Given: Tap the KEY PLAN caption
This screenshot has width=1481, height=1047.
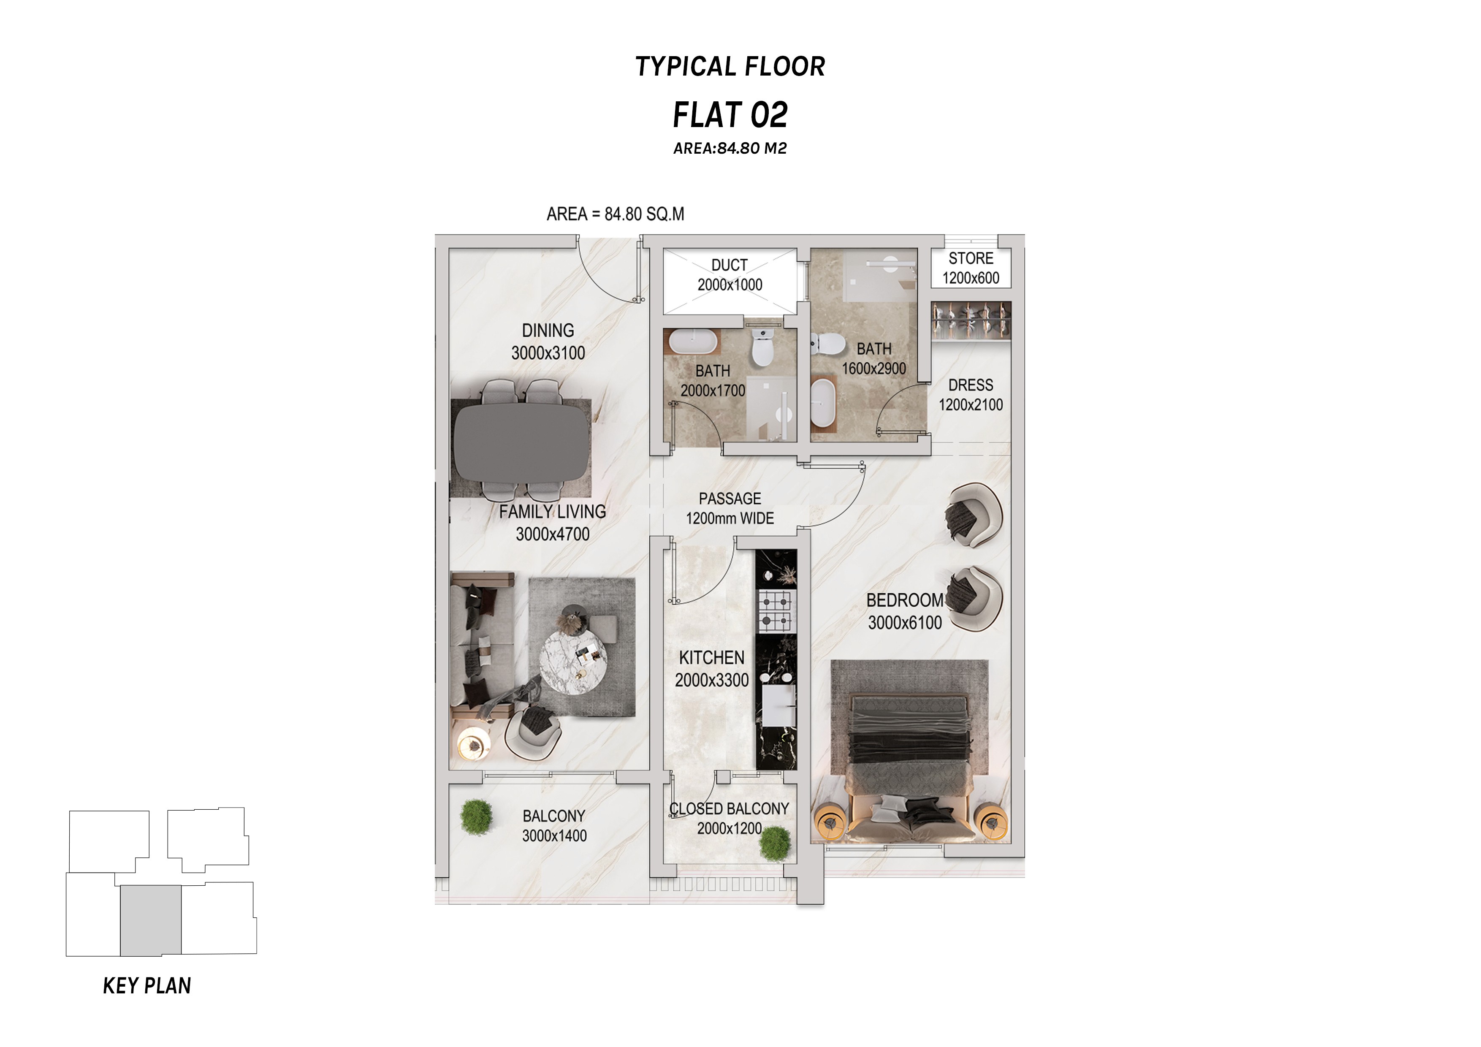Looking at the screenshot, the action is [147, 986].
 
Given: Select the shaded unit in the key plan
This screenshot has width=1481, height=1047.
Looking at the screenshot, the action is [150, 920].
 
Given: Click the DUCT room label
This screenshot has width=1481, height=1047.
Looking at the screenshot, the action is [730, 265].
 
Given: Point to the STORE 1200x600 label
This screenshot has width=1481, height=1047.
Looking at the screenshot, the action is [971, 268].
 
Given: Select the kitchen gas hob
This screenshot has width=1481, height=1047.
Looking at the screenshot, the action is [776, 610].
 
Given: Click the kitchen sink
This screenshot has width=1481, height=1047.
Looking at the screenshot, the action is [779, 705].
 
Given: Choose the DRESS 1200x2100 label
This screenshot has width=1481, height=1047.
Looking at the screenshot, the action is [971, 395].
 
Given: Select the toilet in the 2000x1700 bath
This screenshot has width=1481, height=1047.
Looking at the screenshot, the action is [763, 346].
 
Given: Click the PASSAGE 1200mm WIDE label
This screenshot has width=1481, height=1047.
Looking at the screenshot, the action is [730, 508].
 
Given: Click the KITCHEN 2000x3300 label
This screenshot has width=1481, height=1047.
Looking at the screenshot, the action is [711, 669].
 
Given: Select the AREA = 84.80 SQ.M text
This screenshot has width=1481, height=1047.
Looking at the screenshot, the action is [616, 214].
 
